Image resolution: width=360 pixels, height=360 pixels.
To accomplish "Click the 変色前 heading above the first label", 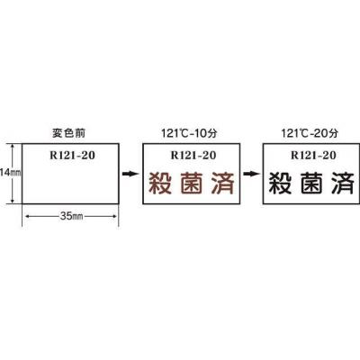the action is pyautogui.click(x=68, y=133).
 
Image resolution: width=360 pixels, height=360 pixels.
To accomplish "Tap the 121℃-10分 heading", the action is pyautogui.click(x=189, y=133).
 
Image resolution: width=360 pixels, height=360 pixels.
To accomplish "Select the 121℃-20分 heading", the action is pyautogui.click(x=310, y=133).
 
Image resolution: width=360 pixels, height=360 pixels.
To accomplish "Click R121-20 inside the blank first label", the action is pyautogui.click(x=72, y=155).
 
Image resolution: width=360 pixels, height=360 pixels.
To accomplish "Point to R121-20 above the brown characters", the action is pyautogui.click(x=193, y=155).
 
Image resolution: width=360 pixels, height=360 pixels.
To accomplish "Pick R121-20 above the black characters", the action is pyautogui.click(x=313, y=155).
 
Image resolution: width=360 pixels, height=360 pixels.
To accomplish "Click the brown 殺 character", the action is pyautogui.click(x=160, y=183).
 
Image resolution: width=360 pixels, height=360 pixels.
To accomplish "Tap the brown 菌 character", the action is pyautogui.click(x=192, y=183).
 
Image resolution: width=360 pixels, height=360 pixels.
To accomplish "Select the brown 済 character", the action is pyautogui.click(x=222, y=183).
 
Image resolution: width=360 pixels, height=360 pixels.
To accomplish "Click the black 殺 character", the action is pyautogui.click(x=280, y=183).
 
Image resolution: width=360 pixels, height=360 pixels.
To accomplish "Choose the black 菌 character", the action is pyautogui.click(x=311, y=183).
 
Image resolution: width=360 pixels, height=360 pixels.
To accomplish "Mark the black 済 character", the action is pyautogui.click(x=343, y=183).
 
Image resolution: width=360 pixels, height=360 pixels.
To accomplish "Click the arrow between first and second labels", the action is pyautogui.click(x=130, y=174).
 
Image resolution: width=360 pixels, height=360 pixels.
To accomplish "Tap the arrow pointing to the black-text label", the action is pyautogui.click(x=251, y=174).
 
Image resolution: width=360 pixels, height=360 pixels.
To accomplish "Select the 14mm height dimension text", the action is pyautogui.click(x=10, y=173).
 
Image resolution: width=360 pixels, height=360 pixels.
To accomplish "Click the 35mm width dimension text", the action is pyautogui.click(x=71, y=216).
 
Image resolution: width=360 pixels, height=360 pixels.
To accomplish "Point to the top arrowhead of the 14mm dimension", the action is pyautogui.click(x=13, y=146).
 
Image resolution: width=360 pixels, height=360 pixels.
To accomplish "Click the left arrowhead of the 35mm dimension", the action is pyautogui.click(x=27, y=216).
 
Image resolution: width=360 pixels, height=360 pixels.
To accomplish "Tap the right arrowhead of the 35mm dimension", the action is pyautogui.click(x=114, y=216).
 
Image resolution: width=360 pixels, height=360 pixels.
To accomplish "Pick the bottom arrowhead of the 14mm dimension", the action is pyautogui.click(x=13, y=201).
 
